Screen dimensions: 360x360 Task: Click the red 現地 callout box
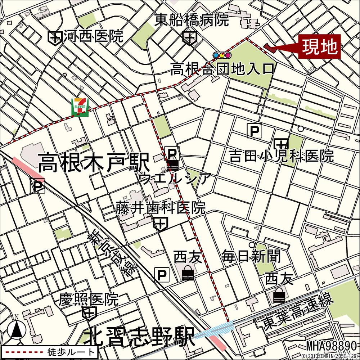pyautogui.click(x=319, y=46)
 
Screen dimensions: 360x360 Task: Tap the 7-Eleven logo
pyautogui.click(x=80, y=107)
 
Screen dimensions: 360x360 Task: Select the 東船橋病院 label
pyautogui.click(x=192, y=20)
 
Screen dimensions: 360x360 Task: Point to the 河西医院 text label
pyautogui.click(x=93, y=36)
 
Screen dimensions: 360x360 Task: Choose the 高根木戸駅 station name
pyautogui.click(x=94, y=163)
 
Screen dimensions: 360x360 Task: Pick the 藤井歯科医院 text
pyautogui.click(x=161, y=208)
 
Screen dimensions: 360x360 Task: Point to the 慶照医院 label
pyautogui.click(x=89, y=299)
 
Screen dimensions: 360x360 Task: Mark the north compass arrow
pyautogui.click(x=16, y=329)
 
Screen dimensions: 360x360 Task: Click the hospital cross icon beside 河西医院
pyautogui.click(x=55, y=37)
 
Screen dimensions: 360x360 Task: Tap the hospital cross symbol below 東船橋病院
pyautogui.click(x=189, y=37)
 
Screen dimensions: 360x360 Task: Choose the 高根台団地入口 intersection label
pyautogui.click(x=222, y=68)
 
